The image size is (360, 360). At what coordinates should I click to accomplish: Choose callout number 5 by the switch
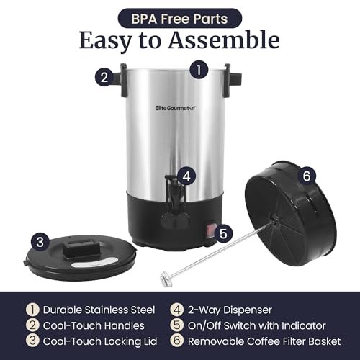click(x=224, y=233)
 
